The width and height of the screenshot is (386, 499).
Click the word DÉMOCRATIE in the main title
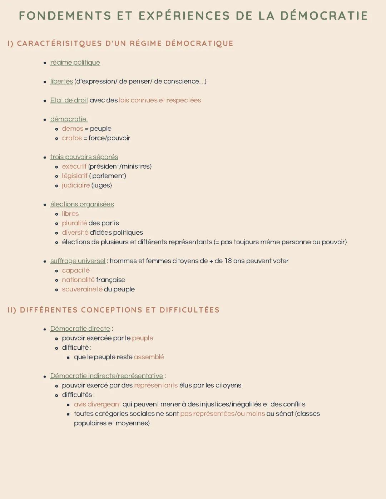[x=324, y=16]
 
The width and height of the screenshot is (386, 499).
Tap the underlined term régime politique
[x=75, y=63]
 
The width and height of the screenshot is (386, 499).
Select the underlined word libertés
[x=61, y=81]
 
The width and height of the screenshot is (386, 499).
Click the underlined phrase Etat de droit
[x=69, y=100]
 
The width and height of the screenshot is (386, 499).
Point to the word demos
[x=73, y=129]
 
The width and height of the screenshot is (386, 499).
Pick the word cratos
[x=72, y=138]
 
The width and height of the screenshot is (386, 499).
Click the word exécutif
[x=74, y=166]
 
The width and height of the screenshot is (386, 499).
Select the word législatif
[x=74, y=176]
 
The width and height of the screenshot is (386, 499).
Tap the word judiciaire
[x=76, y=185]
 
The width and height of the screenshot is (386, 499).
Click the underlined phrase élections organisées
[x=82, y=204]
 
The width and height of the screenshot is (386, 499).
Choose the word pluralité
[x=74, y=223]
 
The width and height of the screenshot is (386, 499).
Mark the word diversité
[x=75, y=233]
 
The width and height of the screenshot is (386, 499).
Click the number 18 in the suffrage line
[x=228, y=261]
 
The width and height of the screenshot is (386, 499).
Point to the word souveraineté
[x=82, y=289]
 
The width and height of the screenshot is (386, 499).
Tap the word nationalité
[x=78, y=280]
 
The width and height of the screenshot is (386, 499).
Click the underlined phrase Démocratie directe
[x=80, y=329]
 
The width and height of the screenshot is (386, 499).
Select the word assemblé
[x=149, y=357]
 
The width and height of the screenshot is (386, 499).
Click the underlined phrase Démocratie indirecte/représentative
[x=107, y=376]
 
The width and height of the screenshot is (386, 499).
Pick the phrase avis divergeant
[x=97, y=404]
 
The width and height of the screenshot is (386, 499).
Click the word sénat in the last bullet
[x=285, y=414]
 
